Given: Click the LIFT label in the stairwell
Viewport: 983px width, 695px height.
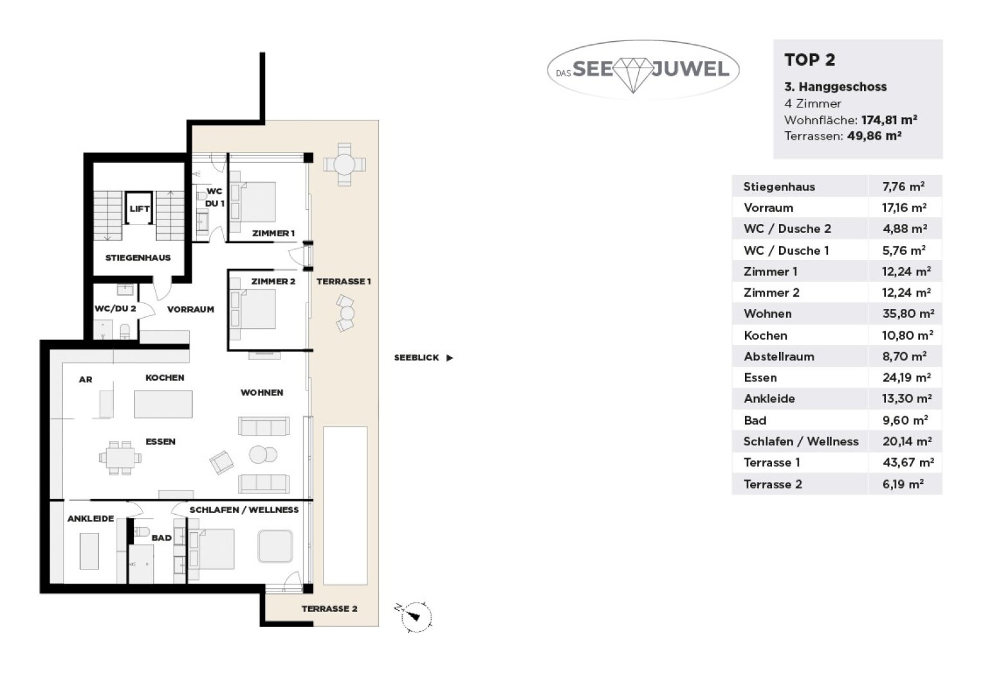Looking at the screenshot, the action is tap(140, 209).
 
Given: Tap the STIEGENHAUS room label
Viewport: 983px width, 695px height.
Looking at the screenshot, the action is tap(138, 257).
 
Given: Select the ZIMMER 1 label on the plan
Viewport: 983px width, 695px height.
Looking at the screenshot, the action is tap(273, 233).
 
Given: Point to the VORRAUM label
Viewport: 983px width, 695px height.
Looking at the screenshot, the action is tap(190, 310).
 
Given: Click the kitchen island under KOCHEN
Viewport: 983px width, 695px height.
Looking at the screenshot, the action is tap(163, 404).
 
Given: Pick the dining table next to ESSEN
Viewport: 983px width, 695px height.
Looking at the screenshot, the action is tap(120, 458).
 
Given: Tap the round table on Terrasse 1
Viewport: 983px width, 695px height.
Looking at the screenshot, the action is tap(344, 165).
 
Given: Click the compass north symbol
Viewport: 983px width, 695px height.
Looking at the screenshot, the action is tap(414, 616).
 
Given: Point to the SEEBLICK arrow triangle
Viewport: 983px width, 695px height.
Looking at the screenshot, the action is tap(450, 358).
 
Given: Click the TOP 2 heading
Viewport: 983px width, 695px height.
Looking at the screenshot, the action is tap(810, 60).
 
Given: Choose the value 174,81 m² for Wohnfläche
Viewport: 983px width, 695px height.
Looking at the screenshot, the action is tap(889, 120).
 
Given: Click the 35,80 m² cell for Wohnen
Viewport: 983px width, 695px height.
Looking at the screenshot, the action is tap(908, 313).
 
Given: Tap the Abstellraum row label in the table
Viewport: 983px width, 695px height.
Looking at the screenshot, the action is tap(779, 357).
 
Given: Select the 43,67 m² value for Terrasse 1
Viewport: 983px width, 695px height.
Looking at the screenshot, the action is tap(908, 462).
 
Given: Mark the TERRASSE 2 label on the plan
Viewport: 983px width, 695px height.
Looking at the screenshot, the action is tap(329, 609).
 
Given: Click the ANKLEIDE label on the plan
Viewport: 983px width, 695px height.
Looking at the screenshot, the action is tap(91, 519).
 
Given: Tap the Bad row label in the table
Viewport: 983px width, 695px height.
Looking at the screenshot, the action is tap(755, 421).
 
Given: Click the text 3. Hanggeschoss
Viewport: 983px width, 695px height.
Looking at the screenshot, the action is tap(836, 87).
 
